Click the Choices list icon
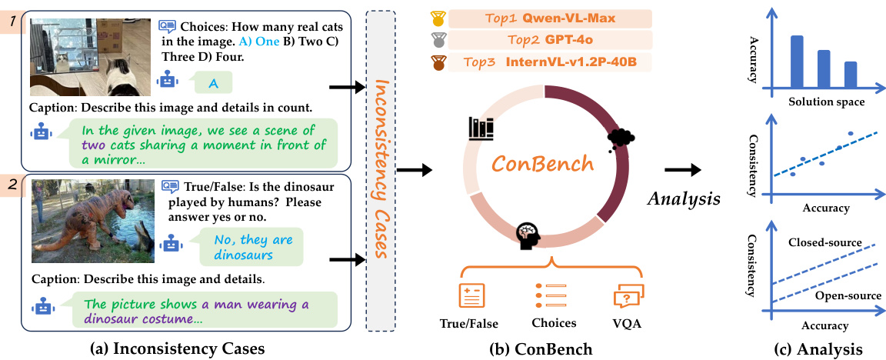click(549, 296)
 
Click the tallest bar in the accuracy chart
click(797, 62)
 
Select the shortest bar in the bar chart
click(850, 75)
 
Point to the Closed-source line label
click(823, 242)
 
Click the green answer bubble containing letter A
click(212, 82)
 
